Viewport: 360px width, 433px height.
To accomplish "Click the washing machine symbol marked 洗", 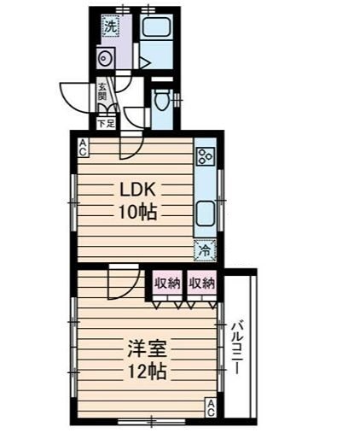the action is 110,26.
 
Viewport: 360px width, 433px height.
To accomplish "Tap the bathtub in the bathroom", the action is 156,26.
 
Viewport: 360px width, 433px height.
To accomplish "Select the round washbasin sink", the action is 106,58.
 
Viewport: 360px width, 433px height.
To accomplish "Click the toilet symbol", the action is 160,99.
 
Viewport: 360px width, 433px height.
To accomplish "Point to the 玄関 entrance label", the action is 102,91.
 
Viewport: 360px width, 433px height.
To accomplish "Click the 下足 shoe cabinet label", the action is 106,124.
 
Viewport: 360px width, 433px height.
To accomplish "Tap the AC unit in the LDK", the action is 83,147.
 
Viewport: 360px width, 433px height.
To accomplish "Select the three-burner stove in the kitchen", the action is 205,156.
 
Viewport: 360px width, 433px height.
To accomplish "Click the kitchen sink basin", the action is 205,213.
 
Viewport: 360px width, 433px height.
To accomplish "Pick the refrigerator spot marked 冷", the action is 205,250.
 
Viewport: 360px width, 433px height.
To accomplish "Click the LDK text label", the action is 137,190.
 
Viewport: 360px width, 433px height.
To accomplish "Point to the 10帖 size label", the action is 137,212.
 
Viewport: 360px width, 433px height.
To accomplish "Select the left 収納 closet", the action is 167,283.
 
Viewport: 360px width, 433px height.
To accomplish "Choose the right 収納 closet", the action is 201,283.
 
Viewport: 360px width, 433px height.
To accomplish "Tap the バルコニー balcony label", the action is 237,348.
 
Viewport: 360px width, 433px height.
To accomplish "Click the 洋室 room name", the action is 147,348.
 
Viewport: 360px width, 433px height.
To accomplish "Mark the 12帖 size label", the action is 147,371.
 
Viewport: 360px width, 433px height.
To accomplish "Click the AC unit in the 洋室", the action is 211,408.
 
